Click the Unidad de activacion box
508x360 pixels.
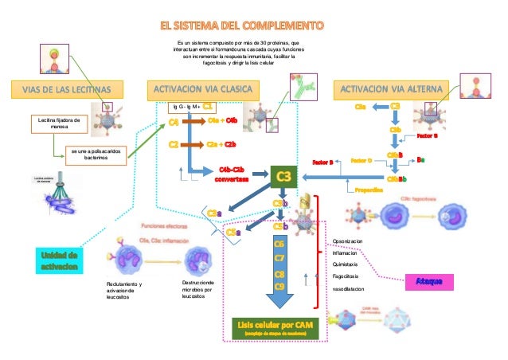pos(58,260)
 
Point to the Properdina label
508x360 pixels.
pos(370,190)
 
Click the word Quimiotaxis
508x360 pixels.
pos(345,264)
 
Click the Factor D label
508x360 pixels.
pos(361,160)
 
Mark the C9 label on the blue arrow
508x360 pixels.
pos(279,286)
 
